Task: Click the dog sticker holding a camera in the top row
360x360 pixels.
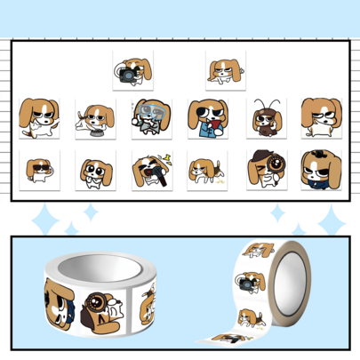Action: tap(132, 70)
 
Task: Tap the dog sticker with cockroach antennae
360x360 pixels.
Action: tap(266, 118)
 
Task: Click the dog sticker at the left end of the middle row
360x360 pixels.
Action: tap(38, 118)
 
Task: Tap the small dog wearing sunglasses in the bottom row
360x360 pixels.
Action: tap(38, 168)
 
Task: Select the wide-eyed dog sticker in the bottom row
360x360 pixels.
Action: tap(93, 168)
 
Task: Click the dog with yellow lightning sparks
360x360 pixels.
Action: tap(151, 168)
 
